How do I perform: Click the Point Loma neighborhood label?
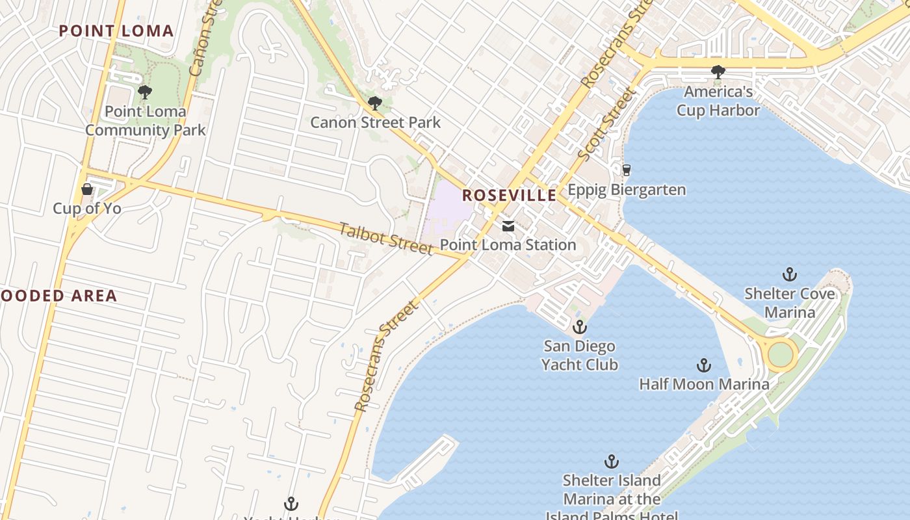[x=116, y=31]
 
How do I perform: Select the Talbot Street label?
[x=386, y=239]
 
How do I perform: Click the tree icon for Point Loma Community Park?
[x=145, y=92]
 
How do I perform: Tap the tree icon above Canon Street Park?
[x=374, y=103]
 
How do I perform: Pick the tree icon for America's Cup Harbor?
[x=718, y=72]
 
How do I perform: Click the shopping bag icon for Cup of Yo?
[x=87, y=189]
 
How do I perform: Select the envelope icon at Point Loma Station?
[x=508, y=226]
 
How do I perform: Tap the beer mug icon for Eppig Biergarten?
[x=627, y=170]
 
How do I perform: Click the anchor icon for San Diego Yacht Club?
[x=579, y=327]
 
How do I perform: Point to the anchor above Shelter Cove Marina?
[x=790, y=274]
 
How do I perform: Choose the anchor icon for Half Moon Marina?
[x=703, y=365]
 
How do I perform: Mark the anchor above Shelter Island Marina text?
[x=611, y=461]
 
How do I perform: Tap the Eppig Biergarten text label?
[x=627, y=190]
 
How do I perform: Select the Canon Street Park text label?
[x=375, y=122]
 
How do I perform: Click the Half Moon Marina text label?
[x=704, y=384]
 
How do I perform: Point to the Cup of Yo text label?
[x=87, y=209]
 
